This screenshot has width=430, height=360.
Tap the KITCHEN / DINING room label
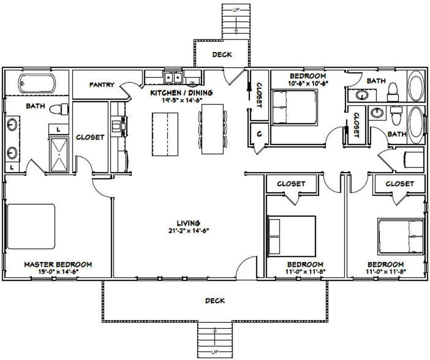181,92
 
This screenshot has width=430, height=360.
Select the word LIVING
188,222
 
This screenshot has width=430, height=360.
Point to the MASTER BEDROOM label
58,265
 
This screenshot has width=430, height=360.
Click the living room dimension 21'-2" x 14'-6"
188,231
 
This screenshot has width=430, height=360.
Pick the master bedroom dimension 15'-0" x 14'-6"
58,272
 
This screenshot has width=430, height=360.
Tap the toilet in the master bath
59,110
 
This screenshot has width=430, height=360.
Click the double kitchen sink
173,78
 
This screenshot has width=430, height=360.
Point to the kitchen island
166,133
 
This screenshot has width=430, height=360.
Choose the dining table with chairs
213,129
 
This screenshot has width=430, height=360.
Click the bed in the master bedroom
31,226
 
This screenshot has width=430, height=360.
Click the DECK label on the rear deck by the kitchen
222,54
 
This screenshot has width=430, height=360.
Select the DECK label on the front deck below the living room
215,300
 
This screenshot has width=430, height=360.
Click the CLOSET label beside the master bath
90,137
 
